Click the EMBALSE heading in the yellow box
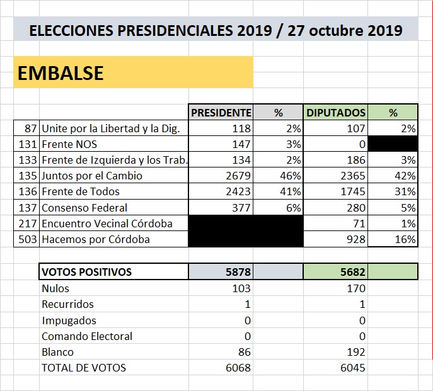(x=61, y=73)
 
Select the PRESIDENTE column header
(x=221, y=113)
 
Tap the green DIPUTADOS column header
(x=336, y=113)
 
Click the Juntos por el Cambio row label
(x=92, y=176)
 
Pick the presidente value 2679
(x=238, y=176)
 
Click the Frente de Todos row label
(x=81, y=191)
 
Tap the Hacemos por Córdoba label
(x=96, y=239)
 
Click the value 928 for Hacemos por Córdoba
(x=356, y=239)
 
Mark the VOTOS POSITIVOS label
(x=87, y=272)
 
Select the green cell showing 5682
(x=353, y=272)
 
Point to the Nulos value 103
(x=241, y=288)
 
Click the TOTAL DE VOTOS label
(x=84, y=368)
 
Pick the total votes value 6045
(x=353, y=368)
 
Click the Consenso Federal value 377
(x=241, y=208)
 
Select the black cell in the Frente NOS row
(x=393, y=144)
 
